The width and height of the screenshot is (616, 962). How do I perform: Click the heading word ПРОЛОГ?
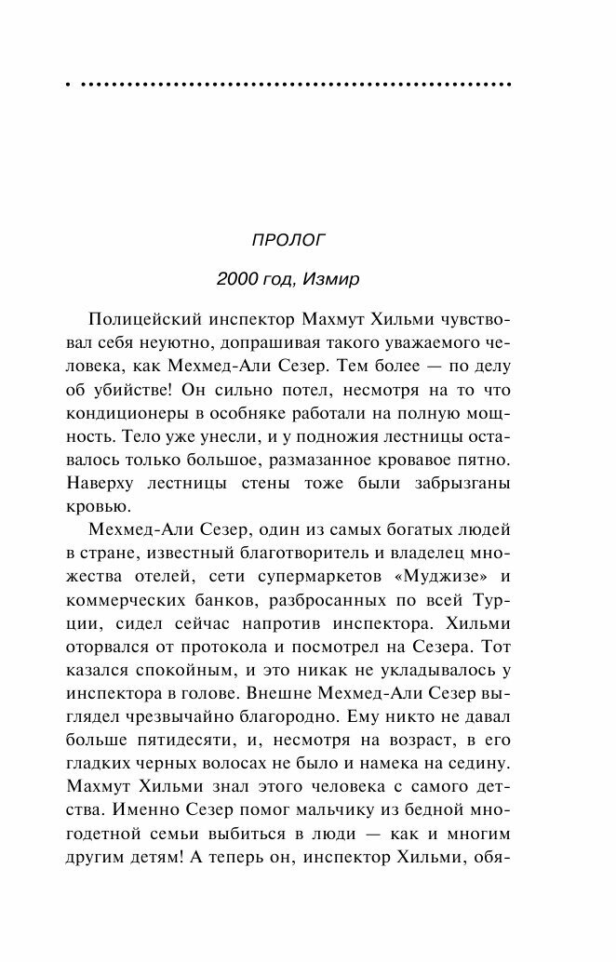point(288,239)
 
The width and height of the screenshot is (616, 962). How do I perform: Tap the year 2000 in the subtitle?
point(234,280)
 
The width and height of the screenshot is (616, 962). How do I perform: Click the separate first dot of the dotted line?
point(68,85)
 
